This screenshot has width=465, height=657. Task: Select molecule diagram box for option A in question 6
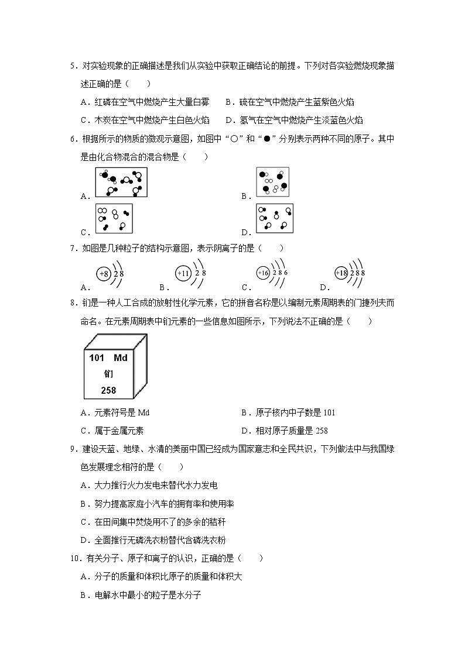(x=121, y=183)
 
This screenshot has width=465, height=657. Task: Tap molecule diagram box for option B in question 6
(x=273, y=182)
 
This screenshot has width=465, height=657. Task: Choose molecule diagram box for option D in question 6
(x=274, y=219)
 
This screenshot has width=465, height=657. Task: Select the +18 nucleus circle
(x=341, y=273)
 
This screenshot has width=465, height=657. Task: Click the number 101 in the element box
(x=97, y=357)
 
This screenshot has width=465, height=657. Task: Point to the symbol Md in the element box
(x=121, y=357)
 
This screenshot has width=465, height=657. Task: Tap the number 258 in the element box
(x=109, y=390)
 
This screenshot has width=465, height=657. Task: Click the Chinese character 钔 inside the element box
(x=109, y=373)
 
